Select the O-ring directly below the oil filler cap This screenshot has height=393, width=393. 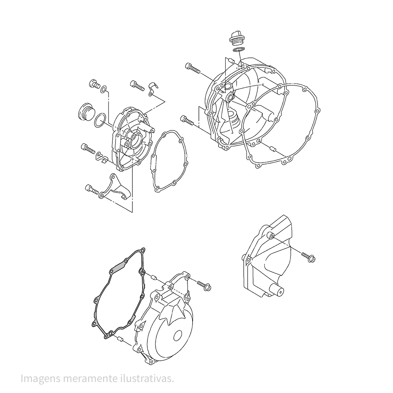point(239,50)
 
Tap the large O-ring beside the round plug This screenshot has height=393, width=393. point(100,121)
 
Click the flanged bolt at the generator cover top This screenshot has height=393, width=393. point(204,286)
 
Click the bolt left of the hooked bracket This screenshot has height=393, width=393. point(92,189)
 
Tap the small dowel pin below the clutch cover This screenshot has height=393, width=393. point(273,149)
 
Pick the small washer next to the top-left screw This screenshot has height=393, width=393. point(103,89)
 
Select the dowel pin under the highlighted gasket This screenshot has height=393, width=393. point(119,340)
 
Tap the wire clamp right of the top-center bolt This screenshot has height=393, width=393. point(152,88)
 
